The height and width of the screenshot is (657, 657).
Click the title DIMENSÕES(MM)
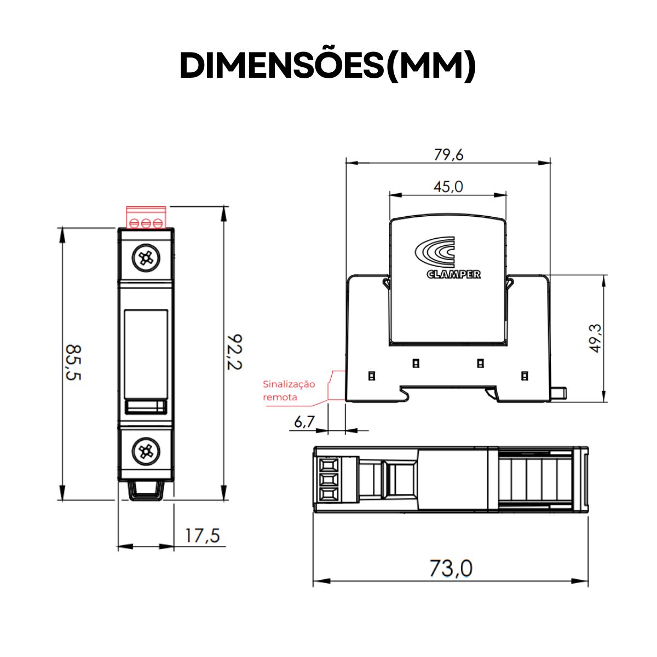point(328,66)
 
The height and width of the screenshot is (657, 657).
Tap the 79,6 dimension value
point(448,155)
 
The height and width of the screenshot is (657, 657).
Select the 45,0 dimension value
point(448,187)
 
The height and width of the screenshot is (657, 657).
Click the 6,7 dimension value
point(304,422)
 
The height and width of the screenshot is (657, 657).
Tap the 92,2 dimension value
point(234,351)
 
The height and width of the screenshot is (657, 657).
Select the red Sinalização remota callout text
point(289,390)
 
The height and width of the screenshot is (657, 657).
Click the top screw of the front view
point(146,258)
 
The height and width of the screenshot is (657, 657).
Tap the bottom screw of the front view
point(146,451)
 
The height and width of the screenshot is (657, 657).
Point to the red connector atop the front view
point(146,217)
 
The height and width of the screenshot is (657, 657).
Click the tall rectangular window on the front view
point(146,354)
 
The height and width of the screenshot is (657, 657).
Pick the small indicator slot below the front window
point(146,407)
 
